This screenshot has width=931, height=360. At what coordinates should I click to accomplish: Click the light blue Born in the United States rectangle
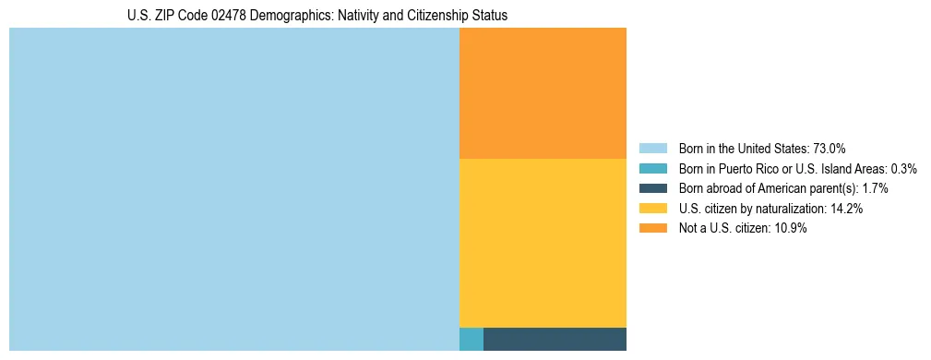click(x=233, y=189)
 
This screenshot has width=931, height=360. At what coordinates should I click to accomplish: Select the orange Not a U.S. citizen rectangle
click(x=543, y=93)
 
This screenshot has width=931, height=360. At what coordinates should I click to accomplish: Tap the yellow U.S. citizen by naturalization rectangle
click(x=543, y=243)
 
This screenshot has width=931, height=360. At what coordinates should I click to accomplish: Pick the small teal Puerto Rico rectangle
click(x=471, y=339)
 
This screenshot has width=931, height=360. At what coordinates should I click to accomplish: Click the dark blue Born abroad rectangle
click(x=555, y=339)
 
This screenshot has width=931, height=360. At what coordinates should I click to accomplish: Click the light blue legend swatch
click(x=652, y=149)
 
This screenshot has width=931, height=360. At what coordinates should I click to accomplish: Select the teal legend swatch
click(x=652, y=169)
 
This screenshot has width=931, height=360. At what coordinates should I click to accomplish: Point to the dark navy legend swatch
click(x=652, y=189)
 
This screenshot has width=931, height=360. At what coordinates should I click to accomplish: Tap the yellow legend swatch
click(x=652, y=209)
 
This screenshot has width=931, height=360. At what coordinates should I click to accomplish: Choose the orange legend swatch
click(x=652, y=229)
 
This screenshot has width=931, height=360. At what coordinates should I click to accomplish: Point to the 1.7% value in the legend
click(x=875, y=189)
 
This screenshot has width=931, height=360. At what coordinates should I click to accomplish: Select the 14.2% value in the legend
click(x=846, y=210)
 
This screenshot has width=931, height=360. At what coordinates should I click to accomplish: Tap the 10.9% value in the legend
click(x=791, y=229)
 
